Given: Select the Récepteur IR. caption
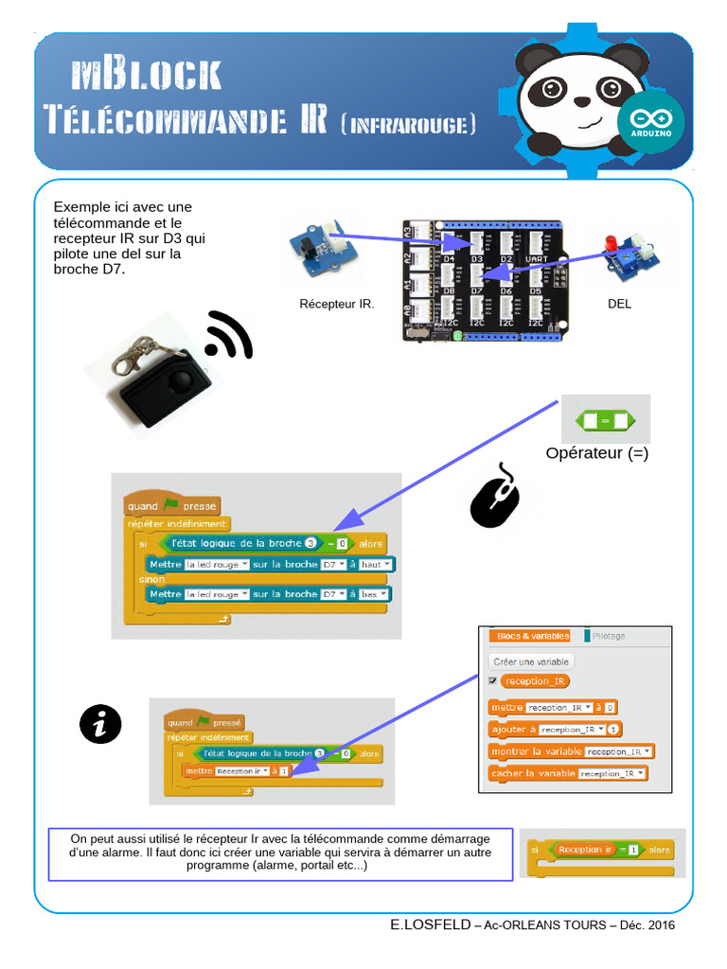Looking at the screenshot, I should pyautogui.click(x=337, y=304).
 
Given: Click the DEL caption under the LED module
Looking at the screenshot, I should pyautogui.click(x=619, y=304).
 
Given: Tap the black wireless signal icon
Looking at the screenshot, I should pyautogui.click(x=228, y=336).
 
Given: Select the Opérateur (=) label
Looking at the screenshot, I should pyautogui.click(x=597, y=453).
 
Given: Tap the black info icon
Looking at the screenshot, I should pyautogui.click(x=100, y=724).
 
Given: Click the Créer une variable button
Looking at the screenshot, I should pyautogui.click(x=531, y=661).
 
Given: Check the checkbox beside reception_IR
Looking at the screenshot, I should pyautogui.click(x=492, y=680).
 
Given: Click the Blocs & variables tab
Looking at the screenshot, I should pyautogui.click(x=533, y=636).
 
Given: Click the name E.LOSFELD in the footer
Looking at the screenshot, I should pyautogui.click(x=430, y=925).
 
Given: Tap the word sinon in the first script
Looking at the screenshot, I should pyautogui.click(x=151, y=579).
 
